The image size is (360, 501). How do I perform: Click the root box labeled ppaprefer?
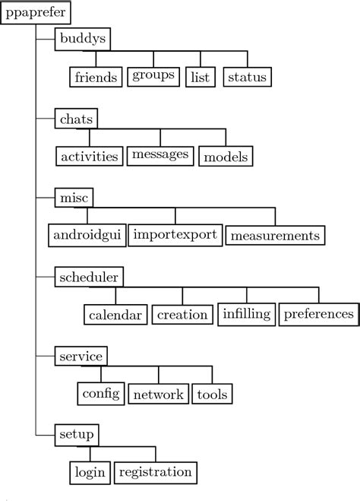coord(36,12)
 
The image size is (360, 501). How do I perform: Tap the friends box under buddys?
coord(96,77)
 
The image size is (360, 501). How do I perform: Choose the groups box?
coord(153,76)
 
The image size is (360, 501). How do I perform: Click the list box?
coord(201,77)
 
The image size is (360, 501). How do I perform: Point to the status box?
coord(248,77)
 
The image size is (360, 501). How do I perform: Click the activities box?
coord(90,157)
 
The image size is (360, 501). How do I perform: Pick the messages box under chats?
coord(159,156)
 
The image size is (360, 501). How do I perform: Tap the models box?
coord(226,157)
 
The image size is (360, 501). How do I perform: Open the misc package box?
coord(74,197)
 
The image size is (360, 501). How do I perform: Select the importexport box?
coord(175,234)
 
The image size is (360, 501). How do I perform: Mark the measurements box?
coord(275,235)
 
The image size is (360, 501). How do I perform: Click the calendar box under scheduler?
coord(115,314)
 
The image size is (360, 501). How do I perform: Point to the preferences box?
coord(318,314)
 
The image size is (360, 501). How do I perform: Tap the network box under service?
coord(158,394)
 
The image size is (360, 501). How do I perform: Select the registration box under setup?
coord(156,473)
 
